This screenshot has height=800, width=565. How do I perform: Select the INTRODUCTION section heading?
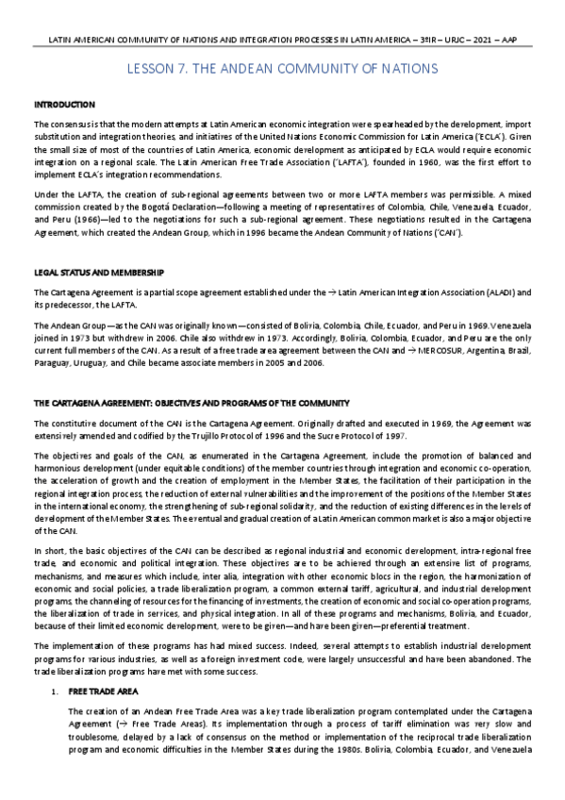click(64, 103)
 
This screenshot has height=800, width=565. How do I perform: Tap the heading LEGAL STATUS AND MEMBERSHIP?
click(99, 272)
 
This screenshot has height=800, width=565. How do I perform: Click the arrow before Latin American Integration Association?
click(338, 292)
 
